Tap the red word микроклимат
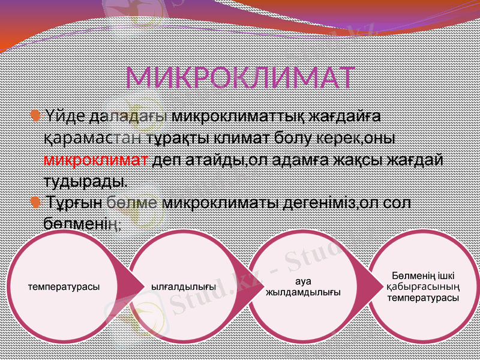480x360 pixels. [x=96, y=160]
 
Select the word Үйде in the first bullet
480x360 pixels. [x=64, y=116]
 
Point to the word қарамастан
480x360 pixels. [x=94, y=138]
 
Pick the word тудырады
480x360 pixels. [x=84, y=181]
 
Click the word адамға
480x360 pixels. [x=305, y=160]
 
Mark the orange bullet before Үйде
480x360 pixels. [x=36, y=113]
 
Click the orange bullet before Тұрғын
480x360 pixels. [x=36, y=201]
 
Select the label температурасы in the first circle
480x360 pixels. [x=64, y=287]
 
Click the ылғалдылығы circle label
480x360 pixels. [x=183, y=287]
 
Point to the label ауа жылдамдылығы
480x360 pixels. [x=303, y=287]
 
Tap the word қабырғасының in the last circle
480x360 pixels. [x=423, y=287]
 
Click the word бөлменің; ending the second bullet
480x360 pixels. [x=83, y=223]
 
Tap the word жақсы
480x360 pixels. [x=362, y=160]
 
